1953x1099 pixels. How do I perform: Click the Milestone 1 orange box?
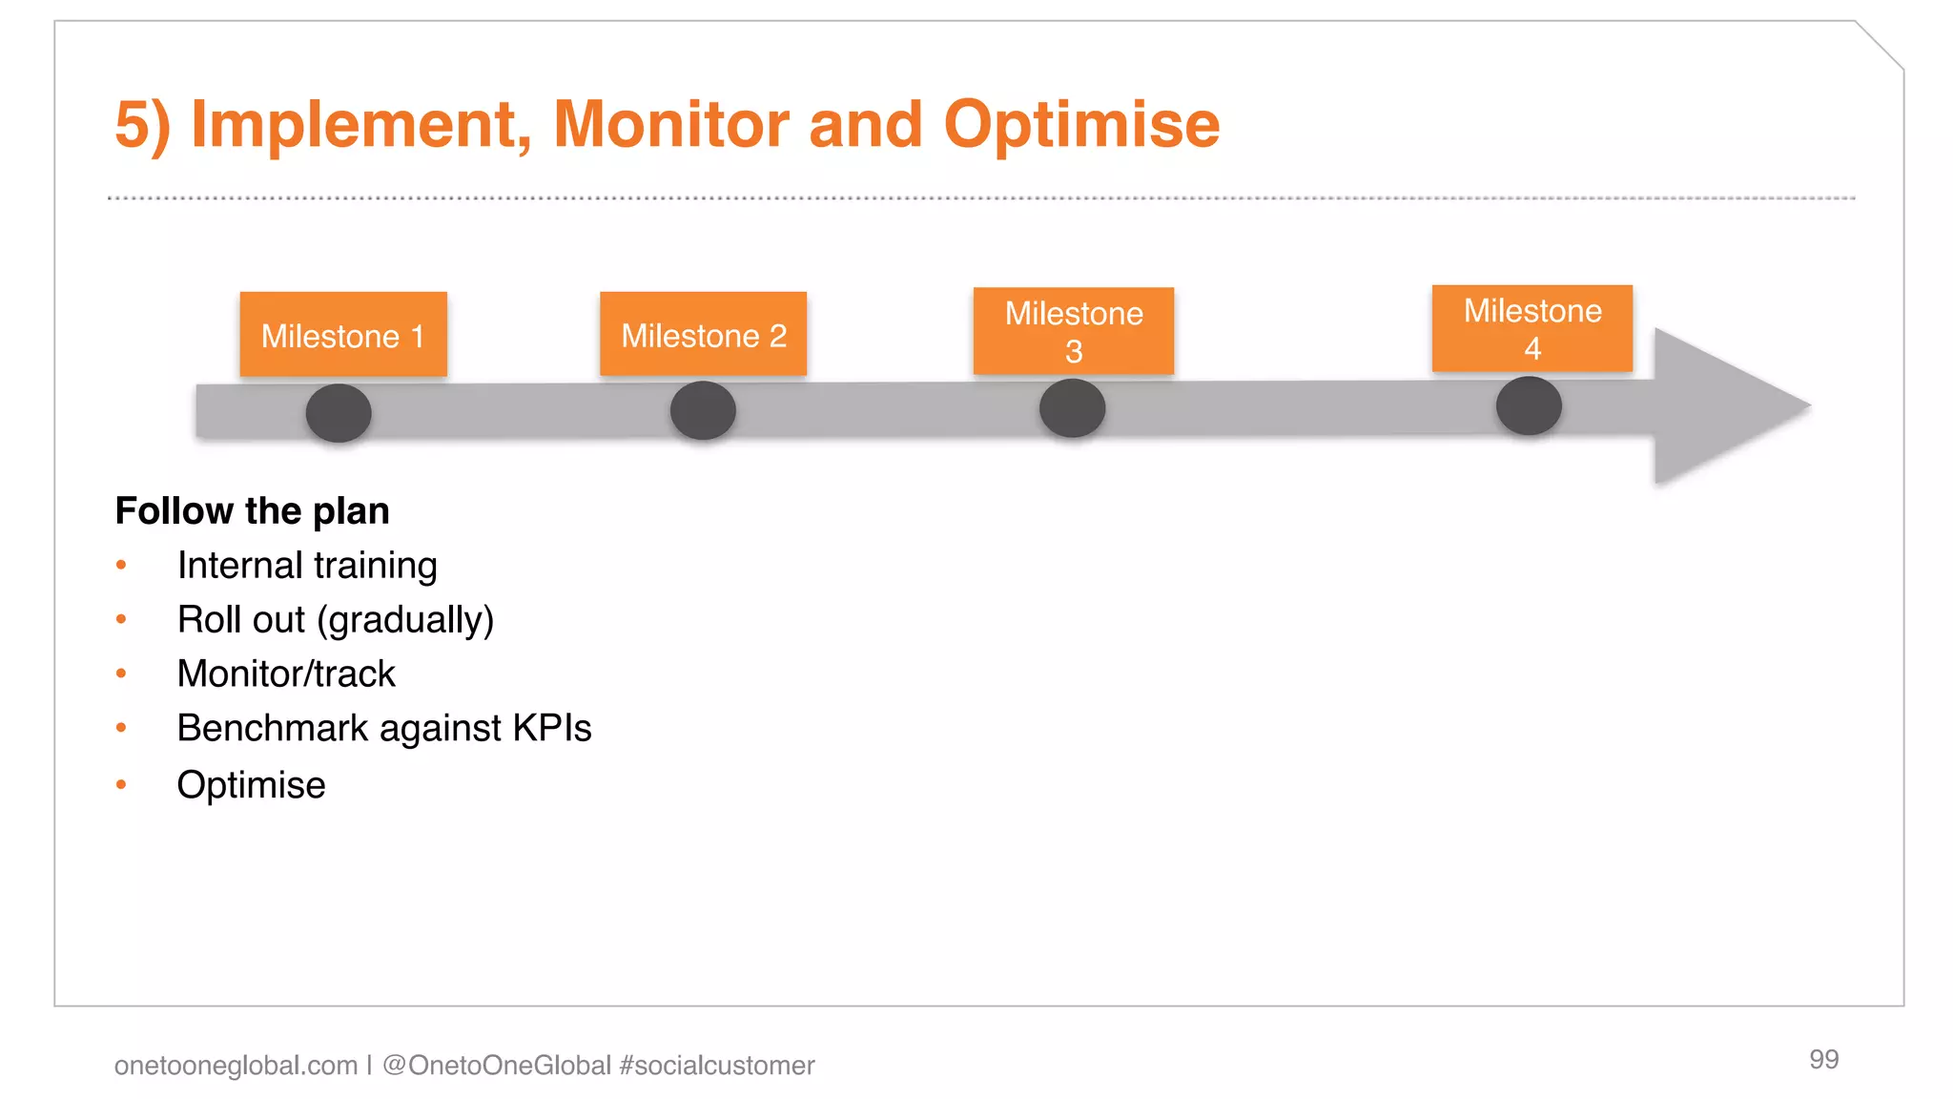(343, 334)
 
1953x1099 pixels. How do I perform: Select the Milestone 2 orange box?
(703, 334)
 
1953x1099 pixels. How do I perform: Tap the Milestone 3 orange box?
(1073, 331)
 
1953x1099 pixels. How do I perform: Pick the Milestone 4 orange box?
(1532, 328)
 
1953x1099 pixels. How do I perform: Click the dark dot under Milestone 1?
(339, 413)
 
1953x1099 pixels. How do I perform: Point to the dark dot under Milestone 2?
(703, 410)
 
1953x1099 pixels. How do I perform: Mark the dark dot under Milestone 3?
(1072, 408)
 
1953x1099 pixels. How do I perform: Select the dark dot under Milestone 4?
(1529, 405)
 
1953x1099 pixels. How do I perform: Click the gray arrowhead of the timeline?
(1717, 406)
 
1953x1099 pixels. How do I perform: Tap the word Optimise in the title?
(1081, 124)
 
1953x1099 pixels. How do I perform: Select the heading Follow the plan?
(252, 511)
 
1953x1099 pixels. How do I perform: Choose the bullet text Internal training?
(307, 566)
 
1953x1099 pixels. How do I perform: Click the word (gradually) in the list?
(405, 620)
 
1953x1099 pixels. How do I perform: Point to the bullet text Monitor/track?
(286, 674)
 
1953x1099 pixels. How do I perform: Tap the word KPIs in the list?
(551, 729)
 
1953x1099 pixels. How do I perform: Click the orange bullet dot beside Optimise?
(121, 785)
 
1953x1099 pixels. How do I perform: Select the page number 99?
(1823, 1059)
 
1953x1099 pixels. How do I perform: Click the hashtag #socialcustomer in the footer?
(717, 1066)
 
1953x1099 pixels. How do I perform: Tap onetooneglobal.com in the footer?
(236, 1066)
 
